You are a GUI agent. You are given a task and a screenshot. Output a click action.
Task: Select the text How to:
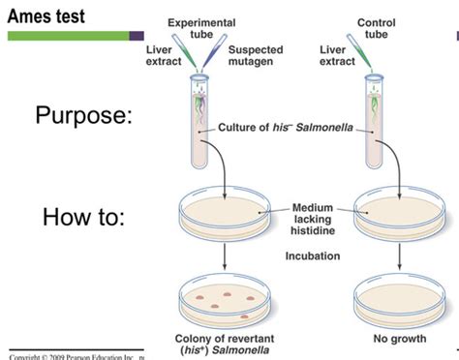(83, 216)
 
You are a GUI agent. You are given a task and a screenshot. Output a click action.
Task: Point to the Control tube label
(376, 28)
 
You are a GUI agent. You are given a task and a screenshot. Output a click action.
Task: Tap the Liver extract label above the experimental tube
(164, 54)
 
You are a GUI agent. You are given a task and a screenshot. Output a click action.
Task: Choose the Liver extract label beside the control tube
(337, 54)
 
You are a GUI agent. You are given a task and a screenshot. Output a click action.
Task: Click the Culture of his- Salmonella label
(272, 128)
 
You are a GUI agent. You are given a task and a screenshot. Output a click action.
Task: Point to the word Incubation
(312, 256)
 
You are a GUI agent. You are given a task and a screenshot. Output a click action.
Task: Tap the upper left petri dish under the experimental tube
(223, 213)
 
